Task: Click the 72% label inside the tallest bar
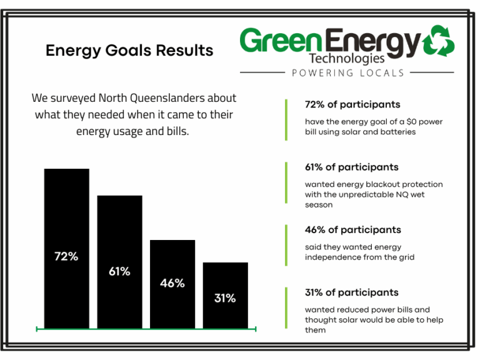pos(66,256)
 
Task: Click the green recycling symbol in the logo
pos(439,41)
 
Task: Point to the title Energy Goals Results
pos(129,51)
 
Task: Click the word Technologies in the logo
pos(346,59)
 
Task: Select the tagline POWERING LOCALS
pos(348,73)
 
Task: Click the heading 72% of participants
pos(352,104)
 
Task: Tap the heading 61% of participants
pos(352,167)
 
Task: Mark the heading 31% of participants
pos(352,292)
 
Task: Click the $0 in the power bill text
pos(402,122)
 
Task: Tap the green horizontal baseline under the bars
pos(146,328)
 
